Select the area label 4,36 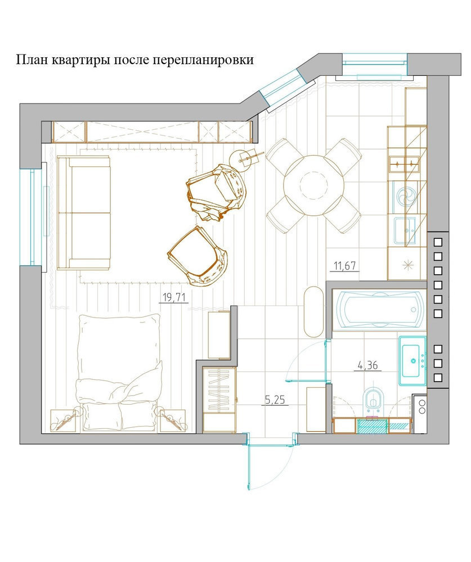(367, 365)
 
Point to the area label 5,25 (275, 400)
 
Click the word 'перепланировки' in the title (203, 60)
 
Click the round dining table (313, 185)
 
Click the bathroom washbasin (412, 361)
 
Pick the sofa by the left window (84, 212)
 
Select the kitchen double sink (405, 165)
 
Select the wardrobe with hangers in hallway (219, 400)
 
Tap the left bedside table (63, 421)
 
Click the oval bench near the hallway (314, 311)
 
